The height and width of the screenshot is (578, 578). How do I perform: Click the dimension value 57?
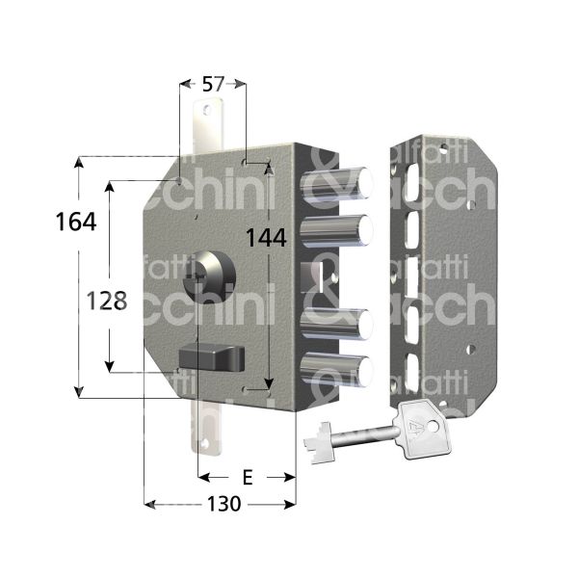[x=213, y=86]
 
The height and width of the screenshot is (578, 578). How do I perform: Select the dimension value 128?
[x=102, y=301]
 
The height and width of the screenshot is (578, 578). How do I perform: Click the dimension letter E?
[x=247, y=477]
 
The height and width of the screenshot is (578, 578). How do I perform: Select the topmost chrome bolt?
[x=339, y=180]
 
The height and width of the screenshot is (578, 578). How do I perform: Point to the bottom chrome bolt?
[x=339, y=371]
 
